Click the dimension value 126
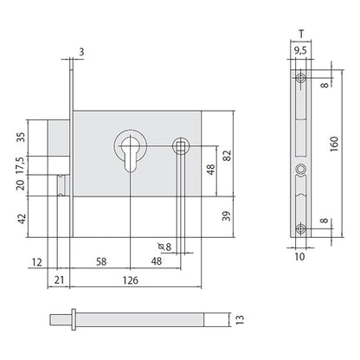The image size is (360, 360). click(131, 280)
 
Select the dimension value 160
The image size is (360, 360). click(334, 145)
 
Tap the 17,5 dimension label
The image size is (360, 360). click(21, 165)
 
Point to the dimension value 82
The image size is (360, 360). click(228, 156)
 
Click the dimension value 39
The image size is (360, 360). click(227, 216)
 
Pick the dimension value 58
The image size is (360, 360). click(101, 262)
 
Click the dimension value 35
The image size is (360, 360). click(21, 137)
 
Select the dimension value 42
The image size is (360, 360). click(22, 219)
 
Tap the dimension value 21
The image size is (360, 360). click(59, 280)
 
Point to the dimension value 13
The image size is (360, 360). click(240, 319)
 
